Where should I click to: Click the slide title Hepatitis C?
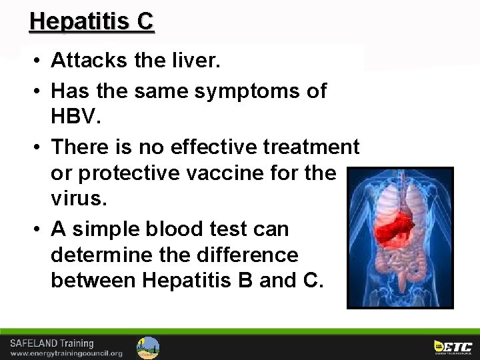(x=91, y=21)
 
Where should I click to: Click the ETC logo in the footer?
(x=453, y=347)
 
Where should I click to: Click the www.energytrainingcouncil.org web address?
(x=65, y=353)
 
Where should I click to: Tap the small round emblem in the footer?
(x=148, y=347)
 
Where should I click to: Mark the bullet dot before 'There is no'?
(x=37, y=146)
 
